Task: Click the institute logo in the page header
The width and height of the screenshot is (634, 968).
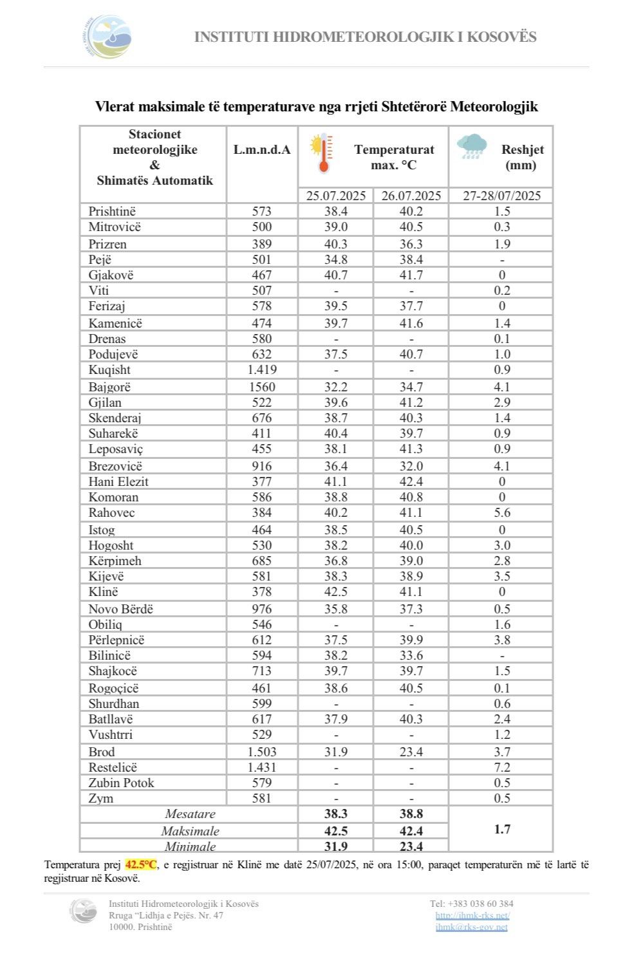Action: pyautogui.click(x=107, y=37)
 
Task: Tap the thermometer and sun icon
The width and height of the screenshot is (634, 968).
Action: pyautogui.click(x=322, y=153)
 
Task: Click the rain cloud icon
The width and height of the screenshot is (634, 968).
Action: pyautogui.click(x=472, y=147)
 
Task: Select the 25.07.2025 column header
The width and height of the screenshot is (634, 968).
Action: pyautogui.click(x=335, y=196)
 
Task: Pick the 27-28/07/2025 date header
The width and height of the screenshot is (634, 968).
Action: pyautogui.click(x=501, y=196)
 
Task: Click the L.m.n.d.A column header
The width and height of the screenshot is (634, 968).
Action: pyautogui.click(x=262, y=150)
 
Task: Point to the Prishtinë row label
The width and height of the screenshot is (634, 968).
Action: pyautogui.click(x=112, y=211)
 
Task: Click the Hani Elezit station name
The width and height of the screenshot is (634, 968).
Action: pyautogui.click(x=118, y=481)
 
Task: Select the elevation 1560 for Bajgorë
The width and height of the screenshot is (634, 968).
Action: pyautogui.click(x=262, y=387)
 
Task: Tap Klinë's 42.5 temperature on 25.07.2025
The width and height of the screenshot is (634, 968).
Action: pyautogui.click(x=335, y=591)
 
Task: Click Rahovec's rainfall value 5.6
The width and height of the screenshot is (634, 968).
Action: pyautogui.click(x=502, y=512)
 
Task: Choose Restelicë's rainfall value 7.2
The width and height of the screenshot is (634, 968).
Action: pyautogui.click(x=502, y=767)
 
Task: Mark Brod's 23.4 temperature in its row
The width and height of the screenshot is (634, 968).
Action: pyautogui.click(x=411, y=752)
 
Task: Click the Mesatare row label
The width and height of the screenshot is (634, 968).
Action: pyautogui.click(x=190, y=814)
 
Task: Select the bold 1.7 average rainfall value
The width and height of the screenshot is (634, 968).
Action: pyautogui.click(x=502, y=829)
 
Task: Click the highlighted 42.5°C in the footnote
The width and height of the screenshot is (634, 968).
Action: pyautogui.click(x=141, y=864)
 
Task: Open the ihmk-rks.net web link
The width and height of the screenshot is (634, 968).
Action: pyautogui.click(x=472, y=915)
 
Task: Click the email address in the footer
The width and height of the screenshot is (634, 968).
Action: pyautogui.click(x=471, y=927)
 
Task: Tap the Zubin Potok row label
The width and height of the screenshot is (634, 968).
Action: pyautogui.click(x=121, y=783)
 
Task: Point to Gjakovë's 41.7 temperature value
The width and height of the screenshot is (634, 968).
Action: pyautogui.click(x=411, y=275)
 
